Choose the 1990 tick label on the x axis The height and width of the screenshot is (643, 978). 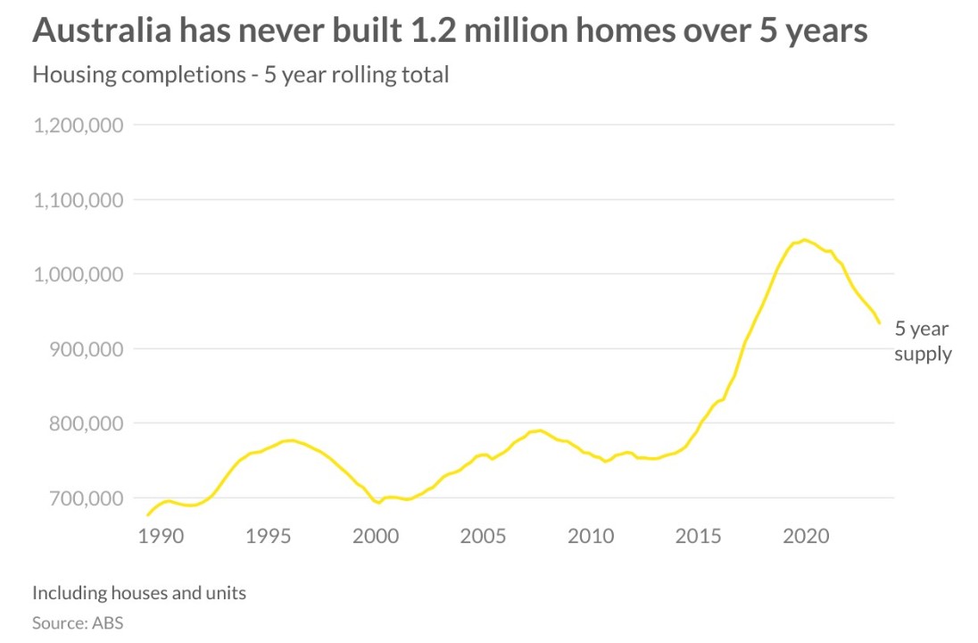(162, 537)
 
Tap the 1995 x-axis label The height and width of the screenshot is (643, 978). (268, 537)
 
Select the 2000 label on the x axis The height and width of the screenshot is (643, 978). (376, 537)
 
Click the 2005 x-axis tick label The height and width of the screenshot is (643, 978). (484, 537)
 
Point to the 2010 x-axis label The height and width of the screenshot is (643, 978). (591, 537)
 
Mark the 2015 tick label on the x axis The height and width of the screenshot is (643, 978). (699, 537)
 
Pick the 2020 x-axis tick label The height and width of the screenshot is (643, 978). (807, 537)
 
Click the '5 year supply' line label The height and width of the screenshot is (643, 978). (923, 342)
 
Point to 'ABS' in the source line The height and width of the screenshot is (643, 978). (107, 623)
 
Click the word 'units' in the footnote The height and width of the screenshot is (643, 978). (223, 592)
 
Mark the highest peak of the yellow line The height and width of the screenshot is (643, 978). (804, 239)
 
